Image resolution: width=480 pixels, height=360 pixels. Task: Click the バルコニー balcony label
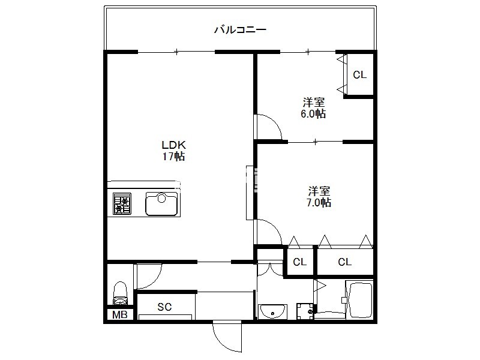[240, 29]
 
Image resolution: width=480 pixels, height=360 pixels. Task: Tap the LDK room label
[173, 145]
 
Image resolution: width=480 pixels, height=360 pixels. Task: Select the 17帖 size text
[173, 157]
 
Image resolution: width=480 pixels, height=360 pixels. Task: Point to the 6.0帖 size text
[313, 113]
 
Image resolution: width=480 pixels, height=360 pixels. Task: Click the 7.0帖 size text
[319, 202]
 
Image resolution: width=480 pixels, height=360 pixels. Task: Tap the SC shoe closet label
[164, 307]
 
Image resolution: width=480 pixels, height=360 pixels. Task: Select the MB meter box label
[119, 314]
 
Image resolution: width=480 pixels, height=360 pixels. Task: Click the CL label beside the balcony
[359, 74]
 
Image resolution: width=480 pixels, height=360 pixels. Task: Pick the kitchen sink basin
[161, 203]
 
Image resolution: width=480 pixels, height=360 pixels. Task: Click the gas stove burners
[122, 203]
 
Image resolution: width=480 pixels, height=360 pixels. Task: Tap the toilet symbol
[120, 293]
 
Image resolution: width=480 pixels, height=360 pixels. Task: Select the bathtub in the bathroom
[359, 299]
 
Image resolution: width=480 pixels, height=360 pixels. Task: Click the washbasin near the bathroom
[272, 311]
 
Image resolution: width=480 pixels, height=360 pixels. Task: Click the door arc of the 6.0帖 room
[274, 121]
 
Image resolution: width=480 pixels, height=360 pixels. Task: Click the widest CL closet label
[344, 262]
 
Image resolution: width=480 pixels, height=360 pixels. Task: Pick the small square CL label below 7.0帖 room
[299, 262]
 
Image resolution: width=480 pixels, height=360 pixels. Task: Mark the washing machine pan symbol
[305, 311]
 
